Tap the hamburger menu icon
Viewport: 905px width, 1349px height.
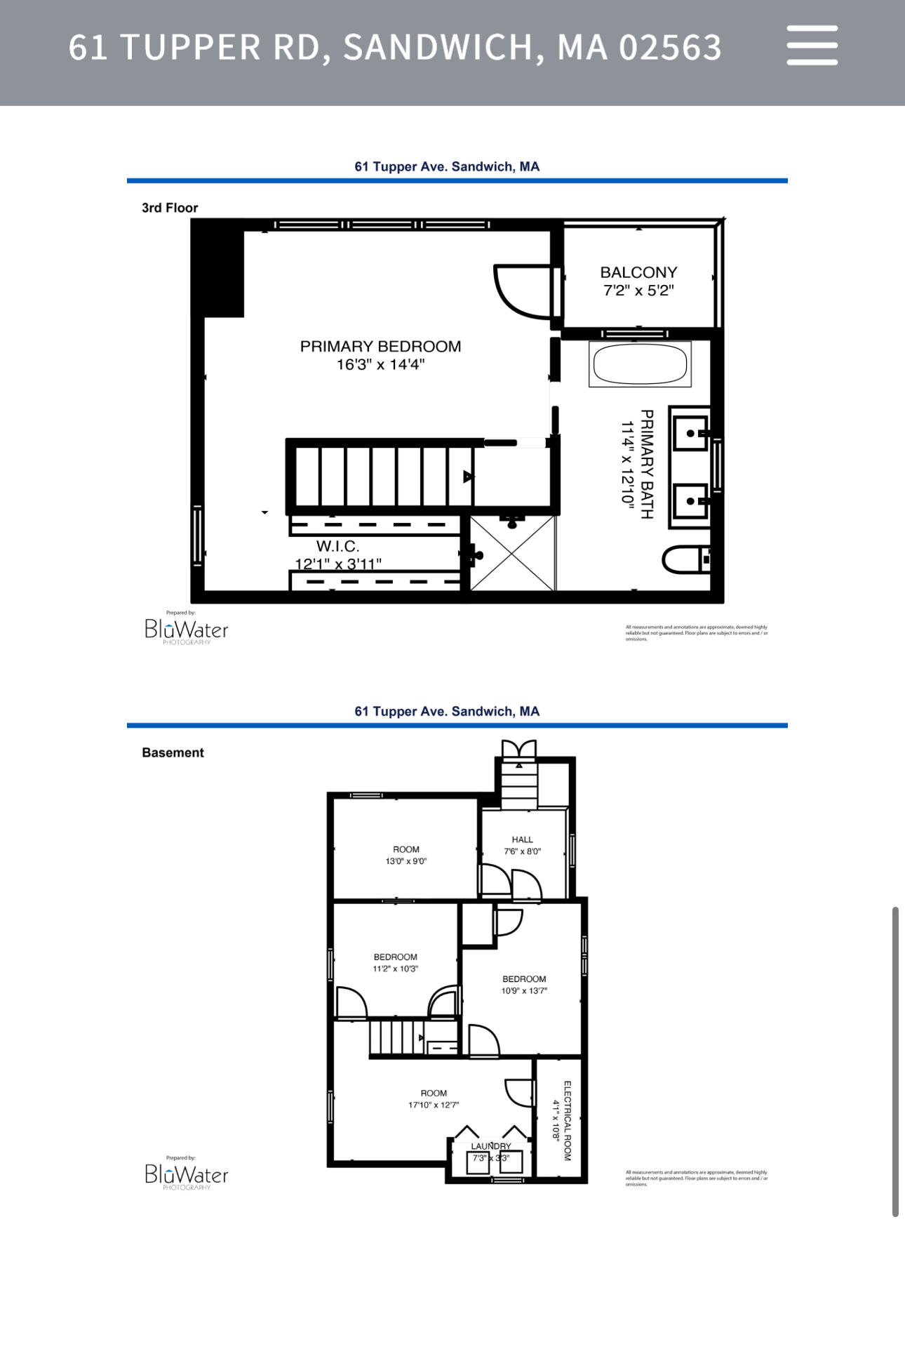812,46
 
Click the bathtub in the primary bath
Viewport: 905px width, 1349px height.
640,364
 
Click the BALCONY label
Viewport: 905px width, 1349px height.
638,272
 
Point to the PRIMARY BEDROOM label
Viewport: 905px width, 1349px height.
380,347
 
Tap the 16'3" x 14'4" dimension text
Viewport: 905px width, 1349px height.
380,364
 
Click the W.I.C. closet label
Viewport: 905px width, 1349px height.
337,546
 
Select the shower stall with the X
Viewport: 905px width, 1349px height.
513,554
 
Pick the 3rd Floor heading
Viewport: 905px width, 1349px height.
170,208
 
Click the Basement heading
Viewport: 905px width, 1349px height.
173,752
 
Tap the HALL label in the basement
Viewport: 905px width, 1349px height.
522,839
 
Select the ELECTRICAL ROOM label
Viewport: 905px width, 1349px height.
568,1120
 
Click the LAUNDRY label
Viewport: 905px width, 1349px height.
491,1146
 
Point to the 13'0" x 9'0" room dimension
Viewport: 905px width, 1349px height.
405,861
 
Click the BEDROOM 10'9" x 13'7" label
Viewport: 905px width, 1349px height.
524,979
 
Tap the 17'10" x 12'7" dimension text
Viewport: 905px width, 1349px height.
434,1105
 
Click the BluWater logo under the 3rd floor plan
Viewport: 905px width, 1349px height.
186,630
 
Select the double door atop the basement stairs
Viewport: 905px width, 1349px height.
519,750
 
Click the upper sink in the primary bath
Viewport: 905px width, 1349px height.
690,434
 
